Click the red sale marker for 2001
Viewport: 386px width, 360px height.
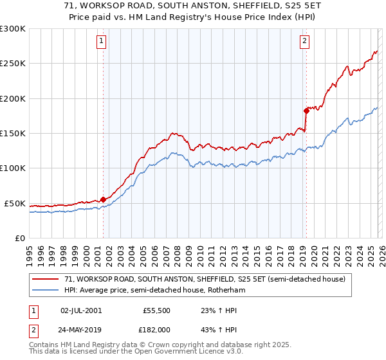pyautogui.click(x=103, y=199)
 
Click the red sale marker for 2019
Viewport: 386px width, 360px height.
pyautogui.click(x=306, y=111)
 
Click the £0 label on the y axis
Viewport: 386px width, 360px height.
pyautogui.click(x=19, y=238)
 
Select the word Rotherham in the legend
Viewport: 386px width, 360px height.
pyautogui.click(x=225, y=290)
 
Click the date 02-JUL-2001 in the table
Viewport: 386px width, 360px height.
pyautogui.click(x=81, y=310)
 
